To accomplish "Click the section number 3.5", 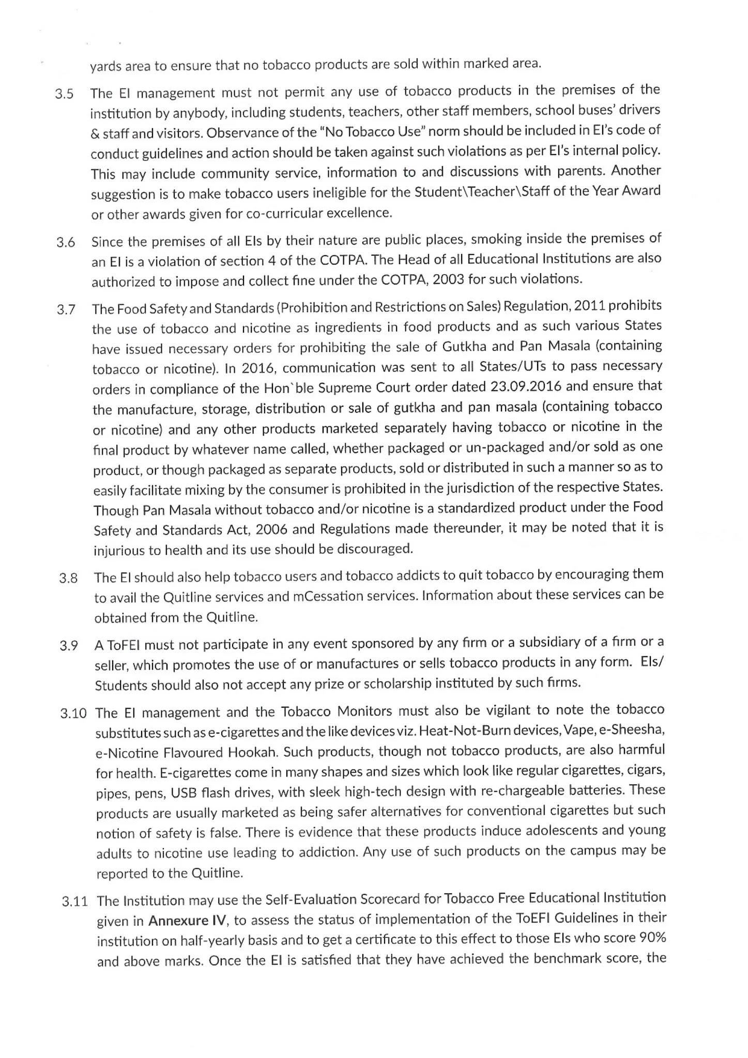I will (65, 95).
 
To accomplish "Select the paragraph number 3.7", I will (66, 310).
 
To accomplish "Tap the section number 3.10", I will (73, 714).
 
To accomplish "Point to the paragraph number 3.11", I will (74, 902).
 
